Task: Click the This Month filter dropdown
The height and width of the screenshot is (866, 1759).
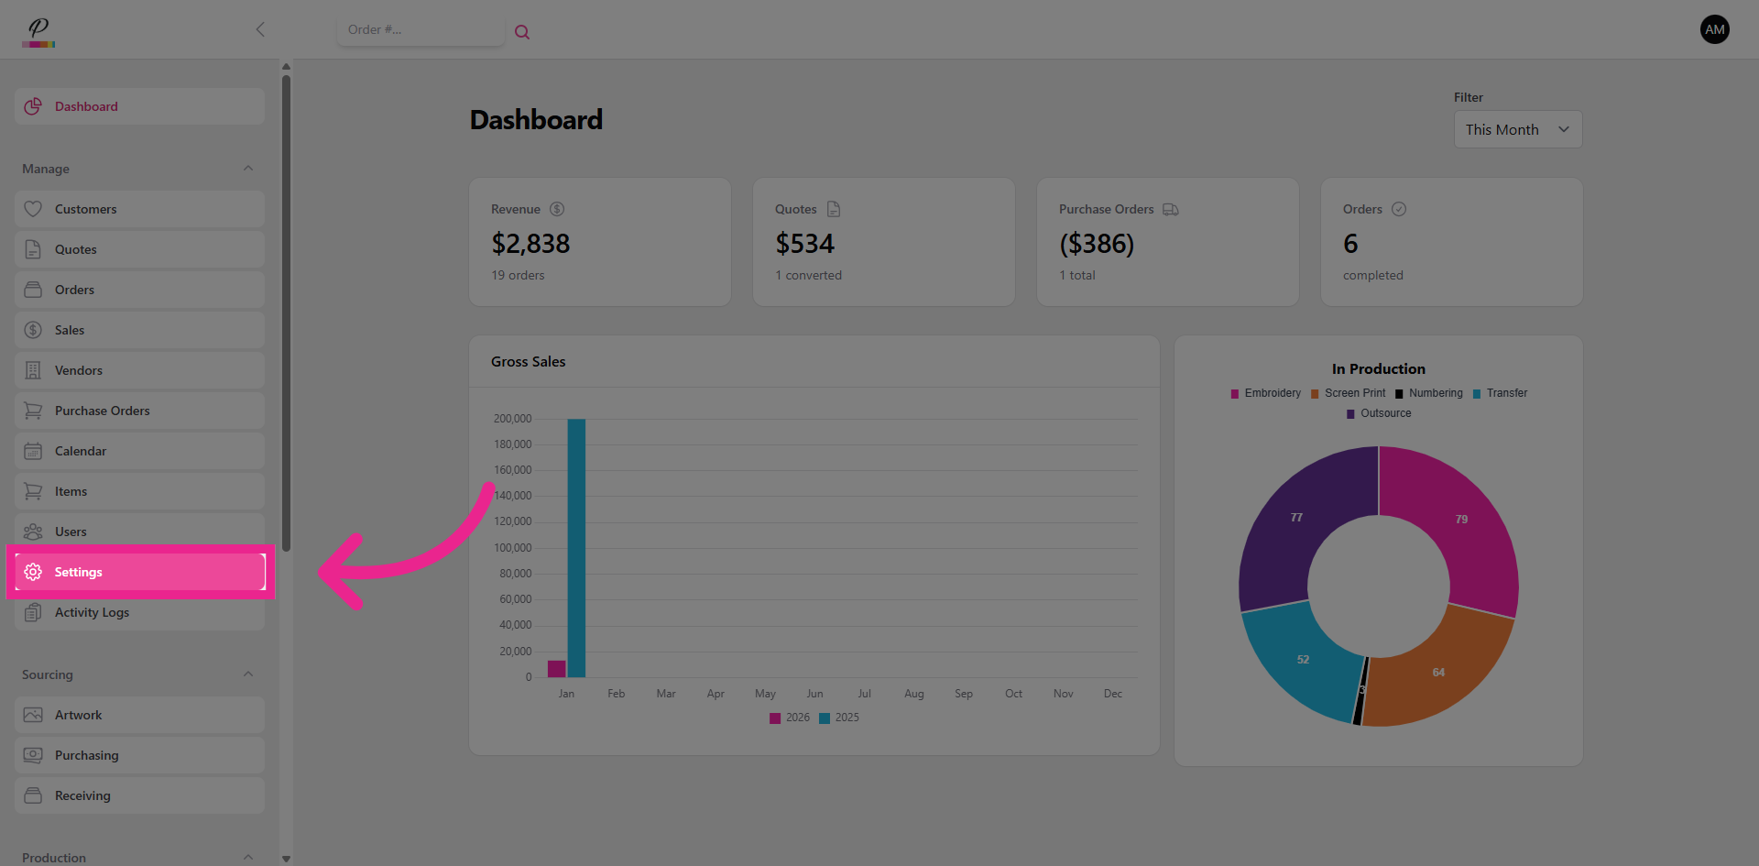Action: pos(1517,130)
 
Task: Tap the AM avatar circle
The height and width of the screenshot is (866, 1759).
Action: pos(1714,29)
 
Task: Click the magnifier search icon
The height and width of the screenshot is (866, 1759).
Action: pos(522,32)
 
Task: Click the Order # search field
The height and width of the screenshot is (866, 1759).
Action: pos(420,30)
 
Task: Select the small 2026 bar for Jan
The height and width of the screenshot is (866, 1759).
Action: pos(556,669)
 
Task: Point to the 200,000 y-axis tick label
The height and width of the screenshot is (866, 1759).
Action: pos(512,419)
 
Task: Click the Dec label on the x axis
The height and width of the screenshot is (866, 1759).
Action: pos(1112,694)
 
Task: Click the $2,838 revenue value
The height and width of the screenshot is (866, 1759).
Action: pos(530,244)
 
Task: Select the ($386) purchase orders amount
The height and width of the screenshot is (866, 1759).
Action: pos(1097,244)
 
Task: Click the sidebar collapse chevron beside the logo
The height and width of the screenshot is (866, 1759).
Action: pos(260,29)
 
